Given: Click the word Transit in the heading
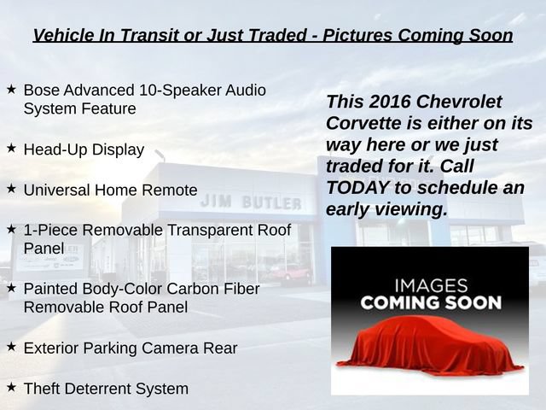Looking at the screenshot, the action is [149, 35].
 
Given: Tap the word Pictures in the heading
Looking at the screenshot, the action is [357, 35].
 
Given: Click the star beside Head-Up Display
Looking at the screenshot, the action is [11, 148].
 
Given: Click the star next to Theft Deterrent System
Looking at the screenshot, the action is [11, 387].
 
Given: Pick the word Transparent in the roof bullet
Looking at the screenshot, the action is [210, 231].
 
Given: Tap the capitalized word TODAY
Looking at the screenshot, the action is [357, 188].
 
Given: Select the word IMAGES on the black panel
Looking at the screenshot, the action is [431, 285].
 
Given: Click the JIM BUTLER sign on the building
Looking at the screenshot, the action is [251, 202].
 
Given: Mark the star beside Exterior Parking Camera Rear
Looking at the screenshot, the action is [11, 347].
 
